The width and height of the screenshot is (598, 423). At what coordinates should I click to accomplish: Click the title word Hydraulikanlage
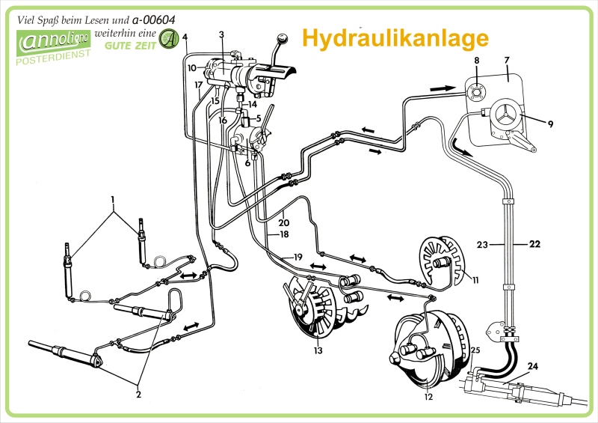coord(395,37)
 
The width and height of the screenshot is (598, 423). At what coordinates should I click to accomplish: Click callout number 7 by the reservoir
coord(506,59)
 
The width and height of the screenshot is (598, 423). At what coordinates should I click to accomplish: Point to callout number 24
coord(533,366)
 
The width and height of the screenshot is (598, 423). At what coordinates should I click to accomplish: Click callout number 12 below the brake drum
coord(428,398)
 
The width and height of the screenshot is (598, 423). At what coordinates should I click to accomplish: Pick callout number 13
coord(318,350)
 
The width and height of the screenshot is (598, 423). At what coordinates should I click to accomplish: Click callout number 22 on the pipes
coord(534,244)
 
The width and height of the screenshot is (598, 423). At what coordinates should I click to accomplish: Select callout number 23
coord(482,244)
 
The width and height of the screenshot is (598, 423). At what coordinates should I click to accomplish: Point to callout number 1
coord(113,199)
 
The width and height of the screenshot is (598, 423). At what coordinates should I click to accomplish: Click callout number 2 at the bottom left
coord(138,394)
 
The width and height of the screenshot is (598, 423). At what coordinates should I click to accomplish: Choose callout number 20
coord(284,222)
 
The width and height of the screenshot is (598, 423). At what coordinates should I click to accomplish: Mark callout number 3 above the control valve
coord(221,34)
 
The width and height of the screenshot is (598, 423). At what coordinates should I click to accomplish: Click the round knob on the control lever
coord(283,38)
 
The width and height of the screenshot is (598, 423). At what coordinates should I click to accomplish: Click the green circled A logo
coord(170,38)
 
